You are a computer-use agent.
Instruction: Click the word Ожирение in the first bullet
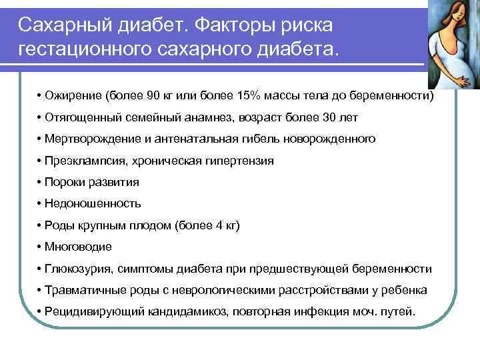coord(73,96)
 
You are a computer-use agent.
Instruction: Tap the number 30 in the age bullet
coord(325,117)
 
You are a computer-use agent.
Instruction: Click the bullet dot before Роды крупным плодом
coord(40,225)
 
